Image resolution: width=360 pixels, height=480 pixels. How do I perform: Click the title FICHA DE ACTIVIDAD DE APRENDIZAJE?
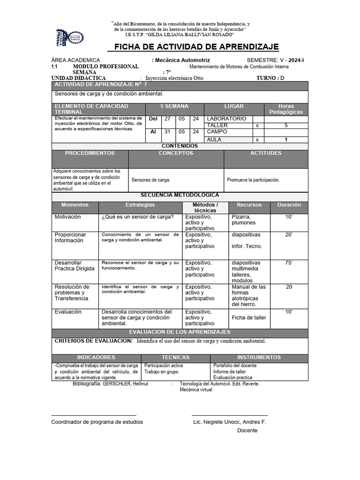(194, 47)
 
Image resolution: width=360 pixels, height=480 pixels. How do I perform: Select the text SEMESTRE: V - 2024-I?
(275, 60)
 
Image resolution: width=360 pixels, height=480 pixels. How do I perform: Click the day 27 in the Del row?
(167, 119)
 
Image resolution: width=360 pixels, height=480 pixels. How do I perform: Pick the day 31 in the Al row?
(167, 132)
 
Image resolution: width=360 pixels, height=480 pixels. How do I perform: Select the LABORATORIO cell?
(226, 119)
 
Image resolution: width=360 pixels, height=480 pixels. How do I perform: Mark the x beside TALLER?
(257, 126)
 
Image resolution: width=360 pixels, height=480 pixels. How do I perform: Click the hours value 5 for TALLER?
(286, 126)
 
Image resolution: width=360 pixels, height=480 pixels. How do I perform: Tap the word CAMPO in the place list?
(217, 132)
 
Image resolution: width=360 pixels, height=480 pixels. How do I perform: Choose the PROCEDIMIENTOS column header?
(90, 153)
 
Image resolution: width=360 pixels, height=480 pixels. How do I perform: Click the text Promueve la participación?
(253, 180)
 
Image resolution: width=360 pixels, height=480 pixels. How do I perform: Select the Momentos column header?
(75, 205)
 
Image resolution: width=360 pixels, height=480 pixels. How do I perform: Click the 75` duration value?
(289, 263)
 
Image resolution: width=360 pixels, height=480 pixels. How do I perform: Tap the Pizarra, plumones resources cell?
(244, 220)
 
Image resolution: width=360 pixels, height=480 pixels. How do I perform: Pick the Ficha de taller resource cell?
(249, 317)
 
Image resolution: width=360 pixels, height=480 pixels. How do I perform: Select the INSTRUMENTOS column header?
(259, 357)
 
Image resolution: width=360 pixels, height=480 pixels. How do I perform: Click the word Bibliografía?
(87, 383)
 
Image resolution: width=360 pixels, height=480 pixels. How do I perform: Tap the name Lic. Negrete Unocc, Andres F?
(230, 422)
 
